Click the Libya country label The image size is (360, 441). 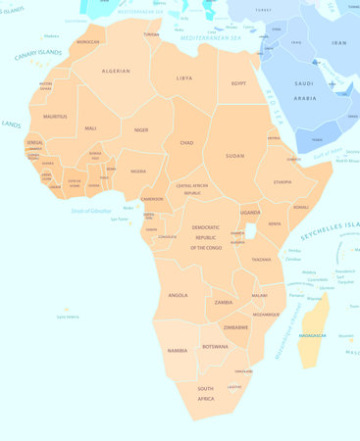point(184,77)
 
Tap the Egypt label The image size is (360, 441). point(238,84)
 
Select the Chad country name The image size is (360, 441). point(186,142)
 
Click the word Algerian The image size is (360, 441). point(117,71)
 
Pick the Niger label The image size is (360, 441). point(141,129)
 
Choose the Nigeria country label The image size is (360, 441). point(138,171)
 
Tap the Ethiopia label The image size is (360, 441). point(283,182)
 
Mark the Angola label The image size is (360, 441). point(178,295)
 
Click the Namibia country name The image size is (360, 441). point(178,350)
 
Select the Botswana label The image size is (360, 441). point(215,347)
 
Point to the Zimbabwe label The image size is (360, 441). point(235,327)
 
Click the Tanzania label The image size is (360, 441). point(261,260)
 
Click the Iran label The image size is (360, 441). point(338,43)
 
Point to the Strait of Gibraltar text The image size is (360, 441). point(92,211)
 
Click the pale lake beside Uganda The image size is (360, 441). point(251,231)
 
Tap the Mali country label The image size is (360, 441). point(90,128)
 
